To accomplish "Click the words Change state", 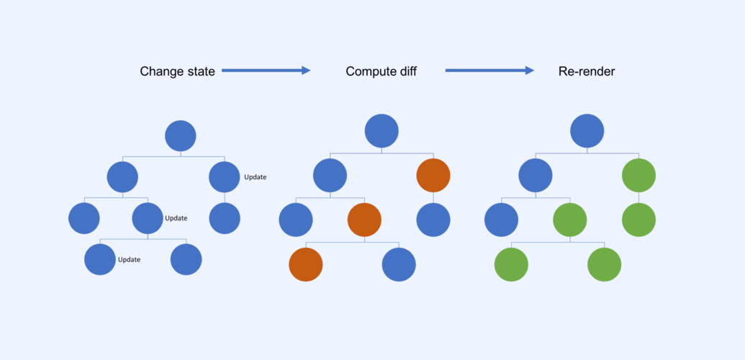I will point(177,71).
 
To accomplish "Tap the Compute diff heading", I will point(381,71).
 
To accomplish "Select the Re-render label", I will point(587,71).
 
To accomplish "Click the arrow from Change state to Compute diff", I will point(266,71).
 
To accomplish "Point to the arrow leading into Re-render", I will point(489,71).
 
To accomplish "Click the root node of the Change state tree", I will point(181,136).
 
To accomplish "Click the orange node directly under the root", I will point(433,176).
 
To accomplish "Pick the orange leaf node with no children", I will point(306,264).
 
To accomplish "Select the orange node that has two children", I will point(364,220).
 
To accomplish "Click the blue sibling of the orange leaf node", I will point(399,264).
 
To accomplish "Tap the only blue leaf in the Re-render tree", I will point(501,220).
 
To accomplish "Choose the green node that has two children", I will point(569,220).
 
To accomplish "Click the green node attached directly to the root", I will point(638,176).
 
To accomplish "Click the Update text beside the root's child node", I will point(255,177).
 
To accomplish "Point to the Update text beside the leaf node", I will point(129,260).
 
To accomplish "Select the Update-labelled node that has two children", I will point(148,217).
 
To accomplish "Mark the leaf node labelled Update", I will point(100,260).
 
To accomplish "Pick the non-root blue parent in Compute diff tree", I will point(330,176).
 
